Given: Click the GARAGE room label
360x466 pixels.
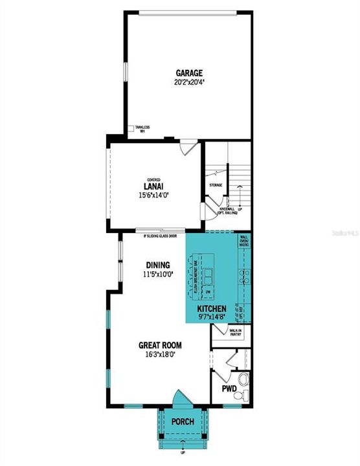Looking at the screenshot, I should click(x=188, y=73).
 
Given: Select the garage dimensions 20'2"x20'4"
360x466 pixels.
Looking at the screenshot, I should click(x=188, y=83).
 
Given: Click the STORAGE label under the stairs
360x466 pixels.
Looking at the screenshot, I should click(x=216, y=185).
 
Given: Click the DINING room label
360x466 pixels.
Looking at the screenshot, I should click(x=157, y=265).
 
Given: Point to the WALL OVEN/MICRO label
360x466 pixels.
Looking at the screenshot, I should click(x=244, y=242).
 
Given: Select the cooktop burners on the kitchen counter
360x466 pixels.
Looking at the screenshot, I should click(x=244, y=278).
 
